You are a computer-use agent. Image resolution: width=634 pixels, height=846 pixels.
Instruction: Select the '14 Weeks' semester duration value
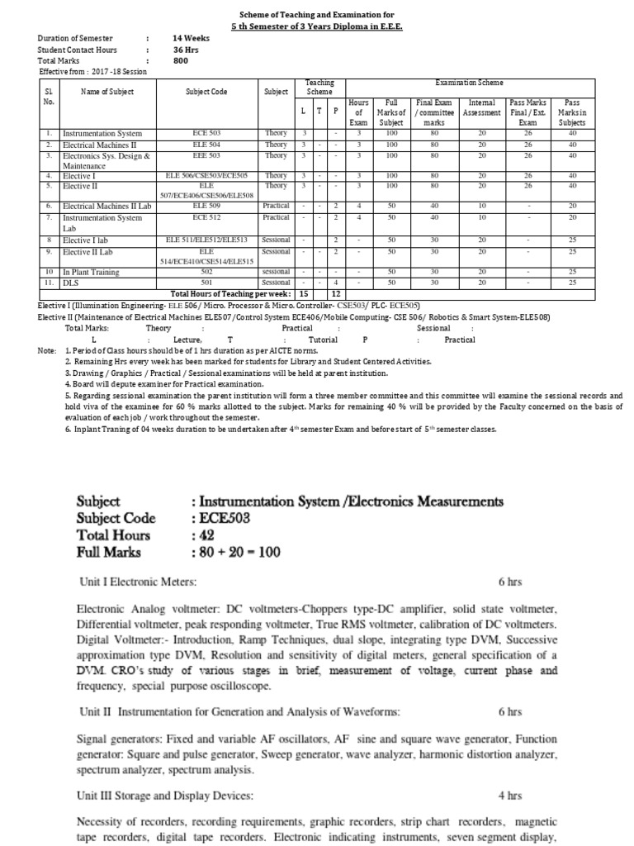(x=191, y=39)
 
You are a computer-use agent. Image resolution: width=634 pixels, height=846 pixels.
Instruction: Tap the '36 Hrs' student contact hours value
(x=186, y=50)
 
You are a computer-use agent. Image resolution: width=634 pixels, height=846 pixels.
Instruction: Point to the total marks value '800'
(x=180, y=60)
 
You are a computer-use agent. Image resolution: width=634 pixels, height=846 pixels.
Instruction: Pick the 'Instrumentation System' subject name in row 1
(x=102, y=133)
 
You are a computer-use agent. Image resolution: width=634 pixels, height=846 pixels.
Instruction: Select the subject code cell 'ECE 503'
(x=206, y=133)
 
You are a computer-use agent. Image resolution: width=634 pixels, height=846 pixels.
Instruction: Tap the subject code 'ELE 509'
(x=206, y=206)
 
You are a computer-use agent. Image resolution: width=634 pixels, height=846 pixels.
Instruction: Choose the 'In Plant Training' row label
(x=92, y=272)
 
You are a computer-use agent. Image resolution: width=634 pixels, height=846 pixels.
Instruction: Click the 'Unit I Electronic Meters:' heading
(x=137, y=582)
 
